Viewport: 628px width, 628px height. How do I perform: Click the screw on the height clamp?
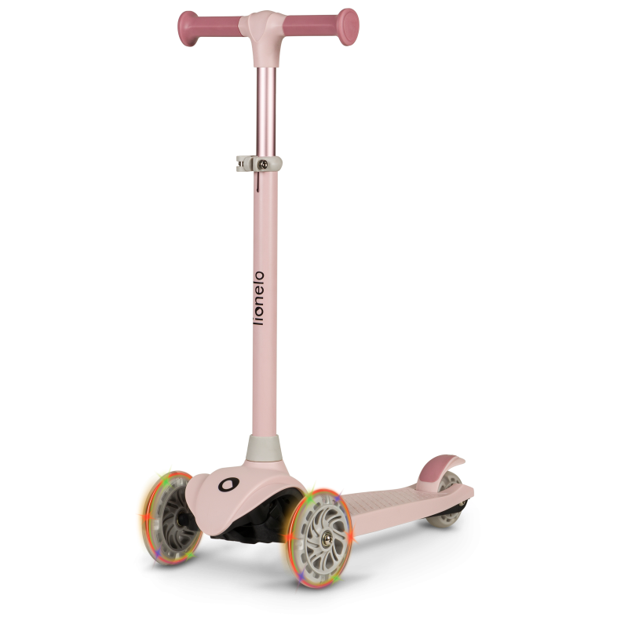pos(263,164)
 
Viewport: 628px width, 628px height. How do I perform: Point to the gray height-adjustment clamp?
pos(259,164)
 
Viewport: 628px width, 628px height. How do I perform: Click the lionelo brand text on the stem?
pos(260,298)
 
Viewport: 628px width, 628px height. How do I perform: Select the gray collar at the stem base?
pos(264,448)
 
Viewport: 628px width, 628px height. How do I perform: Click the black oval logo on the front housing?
pos(228,484)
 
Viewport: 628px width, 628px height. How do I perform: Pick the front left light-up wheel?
pos(170,518)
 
